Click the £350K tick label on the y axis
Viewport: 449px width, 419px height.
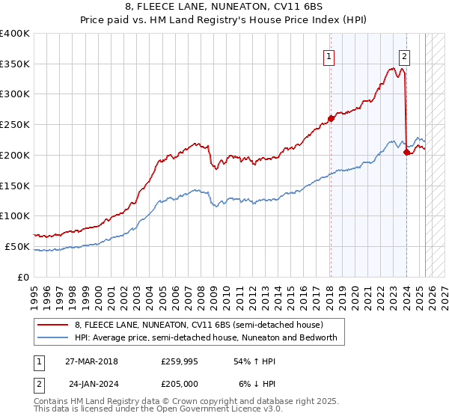pyautogui.click(x=15, y=64)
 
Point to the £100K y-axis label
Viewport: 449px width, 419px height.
pyautogui.click(x=15, y=216)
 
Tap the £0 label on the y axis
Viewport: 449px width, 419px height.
pyautogui.click(x=23, y=277)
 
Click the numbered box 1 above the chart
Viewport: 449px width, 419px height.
pyautogui.click(x=329, y=55)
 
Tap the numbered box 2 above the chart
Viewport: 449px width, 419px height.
pyautogui.click(x=404, y=55)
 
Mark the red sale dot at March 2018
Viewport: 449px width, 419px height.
pyautogui.click(x=332, y=118)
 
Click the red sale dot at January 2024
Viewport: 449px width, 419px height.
pyautogui.click(x=406, y=152)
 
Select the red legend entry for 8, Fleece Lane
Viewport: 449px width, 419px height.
pyautogui.click(x=198, y=325)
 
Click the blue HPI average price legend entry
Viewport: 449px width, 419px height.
pyautogui.click(x=206, y=337)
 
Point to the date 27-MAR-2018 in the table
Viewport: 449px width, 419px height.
pyautogui.click(x=91, y=361)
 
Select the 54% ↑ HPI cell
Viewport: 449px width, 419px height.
pyautogui.click(x=256, y=361)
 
